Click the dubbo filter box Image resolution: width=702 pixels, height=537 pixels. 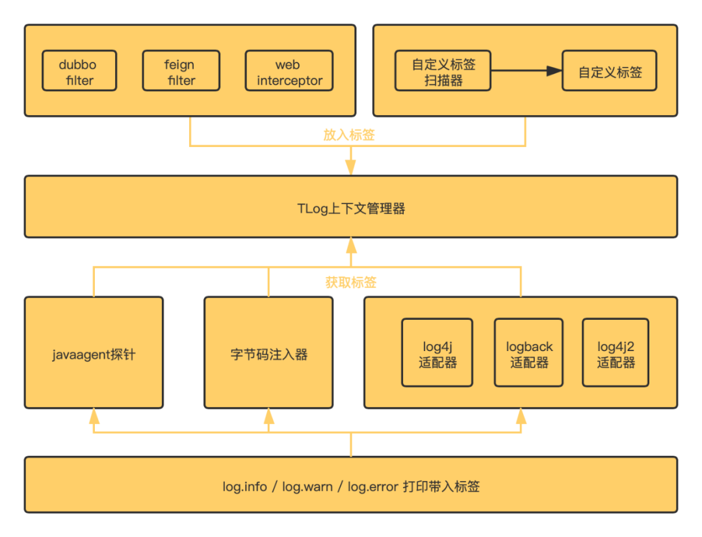(79, 72)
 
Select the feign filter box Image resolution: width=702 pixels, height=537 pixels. (181, 72)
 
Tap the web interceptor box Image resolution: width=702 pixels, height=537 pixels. (289, 72)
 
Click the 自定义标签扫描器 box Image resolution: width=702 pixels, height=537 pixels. (443, 72)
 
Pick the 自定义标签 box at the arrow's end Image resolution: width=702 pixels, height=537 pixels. (610, 72)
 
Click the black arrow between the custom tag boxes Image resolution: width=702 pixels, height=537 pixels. (526, 71)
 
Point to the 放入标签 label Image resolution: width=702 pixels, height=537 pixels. (350, 135)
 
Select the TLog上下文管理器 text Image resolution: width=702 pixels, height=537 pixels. (351, 209)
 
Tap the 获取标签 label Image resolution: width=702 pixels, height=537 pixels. (351, 282)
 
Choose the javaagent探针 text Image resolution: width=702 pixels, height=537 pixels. (94, 354)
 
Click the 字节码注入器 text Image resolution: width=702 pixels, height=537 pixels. (269, 354)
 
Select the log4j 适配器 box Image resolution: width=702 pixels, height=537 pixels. (437, 353)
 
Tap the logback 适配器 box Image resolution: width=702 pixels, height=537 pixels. (528, 353)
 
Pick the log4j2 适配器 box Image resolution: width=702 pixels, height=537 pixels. (616, 353)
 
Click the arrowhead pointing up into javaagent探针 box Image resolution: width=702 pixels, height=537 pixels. (94, 417)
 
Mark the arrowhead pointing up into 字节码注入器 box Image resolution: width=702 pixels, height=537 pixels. (269, 417)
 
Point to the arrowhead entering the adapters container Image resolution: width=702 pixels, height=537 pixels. (521, 417)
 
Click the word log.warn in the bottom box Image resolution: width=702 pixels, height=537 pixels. (307, 486)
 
